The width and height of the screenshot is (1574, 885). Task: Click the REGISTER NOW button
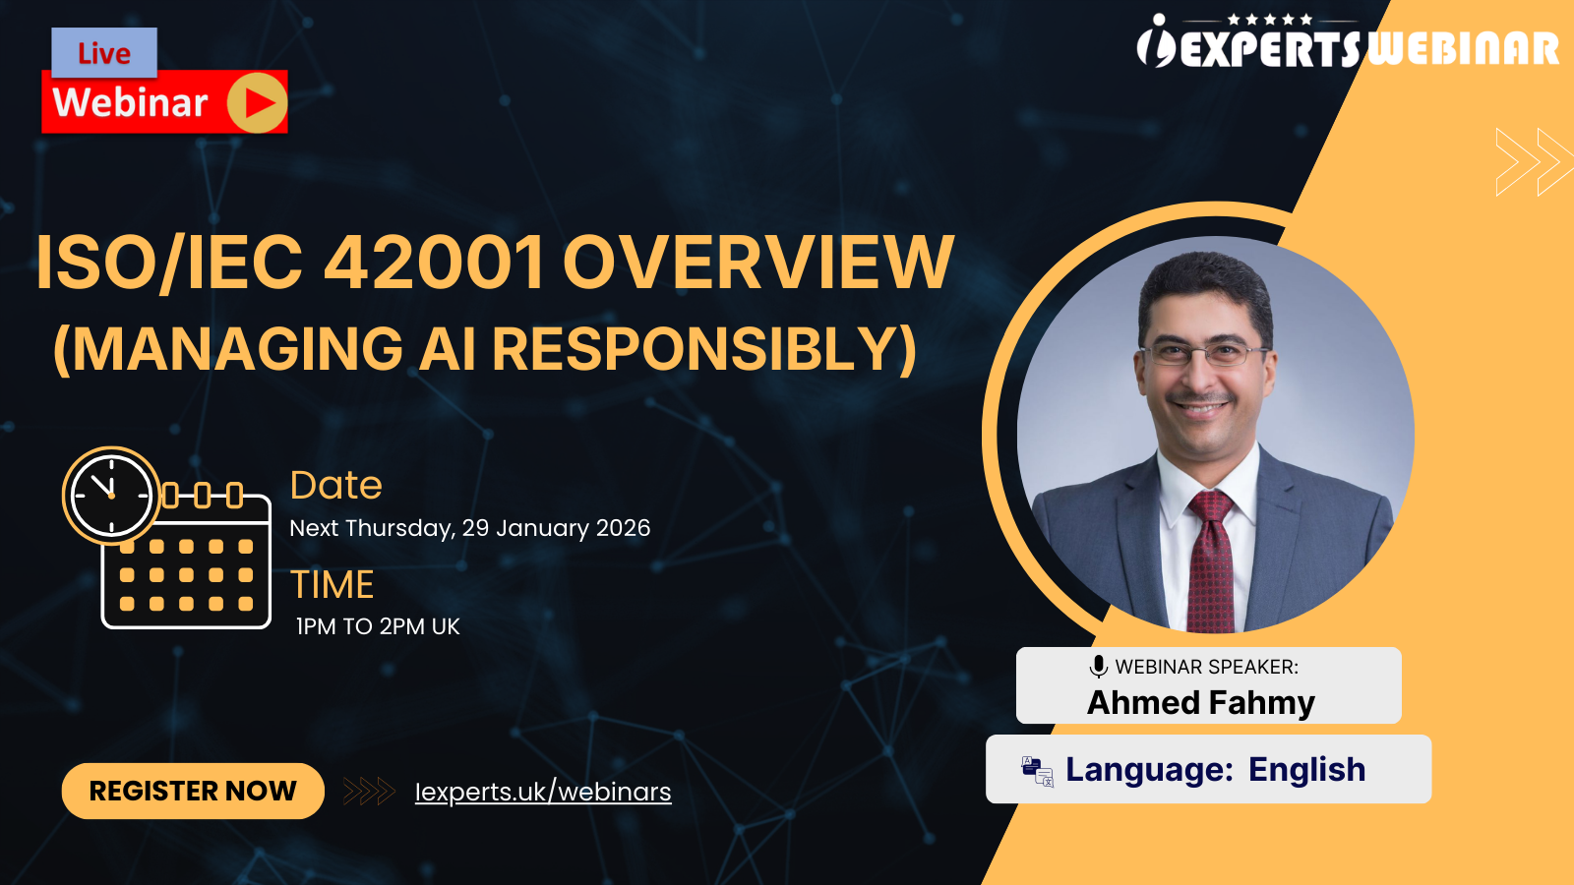click(x=193, y=791)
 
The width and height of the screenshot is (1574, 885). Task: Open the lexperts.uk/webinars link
click(x=543, y=792)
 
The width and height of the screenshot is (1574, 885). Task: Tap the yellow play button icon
click(x=258, y=102)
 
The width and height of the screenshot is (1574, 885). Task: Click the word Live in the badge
click(x=104, y=53)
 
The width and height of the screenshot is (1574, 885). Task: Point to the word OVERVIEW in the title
click(x=757, y=263)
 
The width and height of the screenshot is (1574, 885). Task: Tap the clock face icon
click(x=111, y=495)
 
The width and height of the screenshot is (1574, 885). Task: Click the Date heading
click(x=335, y=485)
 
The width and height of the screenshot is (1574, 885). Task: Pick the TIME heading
click(x=332, y=585)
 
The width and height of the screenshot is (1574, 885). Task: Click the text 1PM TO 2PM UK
click(x=378, y=626)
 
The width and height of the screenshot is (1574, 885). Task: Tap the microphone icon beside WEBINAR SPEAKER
click(x=1099, y=667)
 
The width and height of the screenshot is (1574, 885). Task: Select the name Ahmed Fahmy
click(x=1201, y=702)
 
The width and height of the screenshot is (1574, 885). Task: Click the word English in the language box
click(x=1306, y=769)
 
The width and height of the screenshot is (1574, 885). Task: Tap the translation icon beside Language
click(x=1037, y=771)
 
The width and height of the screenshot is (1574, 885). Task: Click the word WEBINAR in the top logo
click(x=1463, y=49)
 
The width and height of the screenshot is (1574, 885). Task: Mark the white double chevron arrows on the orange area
click(x=1533, y=161)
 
